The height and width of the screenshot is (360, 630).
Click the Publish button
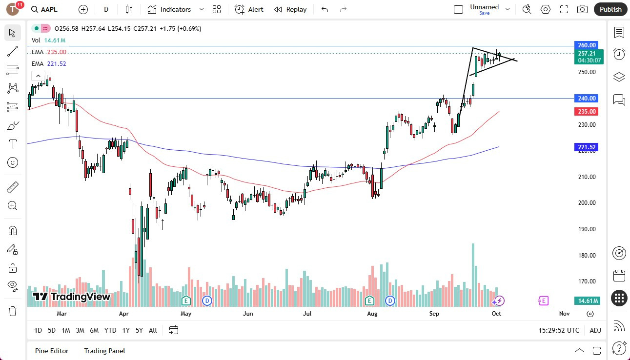tap(610, 9)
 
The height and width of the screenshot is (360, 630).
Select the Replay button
tap(290, 9)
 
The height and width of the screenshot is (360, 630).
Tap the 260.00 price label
tap(587, 45)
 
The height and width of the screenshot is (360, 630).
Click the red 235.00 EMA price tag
tap(587, 111)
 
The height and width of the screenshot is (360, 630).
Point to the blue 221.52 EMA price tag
tap(587, 147)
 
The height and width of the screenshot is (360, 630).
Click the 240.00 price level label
tap(587, 98)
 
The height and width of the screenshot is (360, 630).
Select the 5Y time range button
tap(139, 330)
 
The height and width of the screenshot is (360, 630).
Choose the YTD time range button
tap(110, 330)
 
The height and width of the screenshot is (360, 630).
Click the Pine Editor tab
tap(52, 351)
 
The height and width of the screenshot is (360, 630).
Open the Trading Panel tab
tap(104, 351)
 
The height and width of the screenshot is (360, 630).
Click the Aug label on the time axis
tap(372, 314)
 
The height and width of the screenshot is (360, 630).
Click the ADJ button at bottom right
tap(595, 330)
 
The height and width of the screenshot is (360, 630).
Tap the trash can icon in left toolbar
tap(13, 311)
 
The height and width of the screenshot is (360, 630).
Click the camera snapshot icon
tap(582, 9)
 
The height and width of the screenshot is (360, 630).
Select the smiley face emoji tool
tap(13, 162)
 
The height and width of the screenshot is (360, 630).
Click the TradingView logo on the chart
tap(72, 297)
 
